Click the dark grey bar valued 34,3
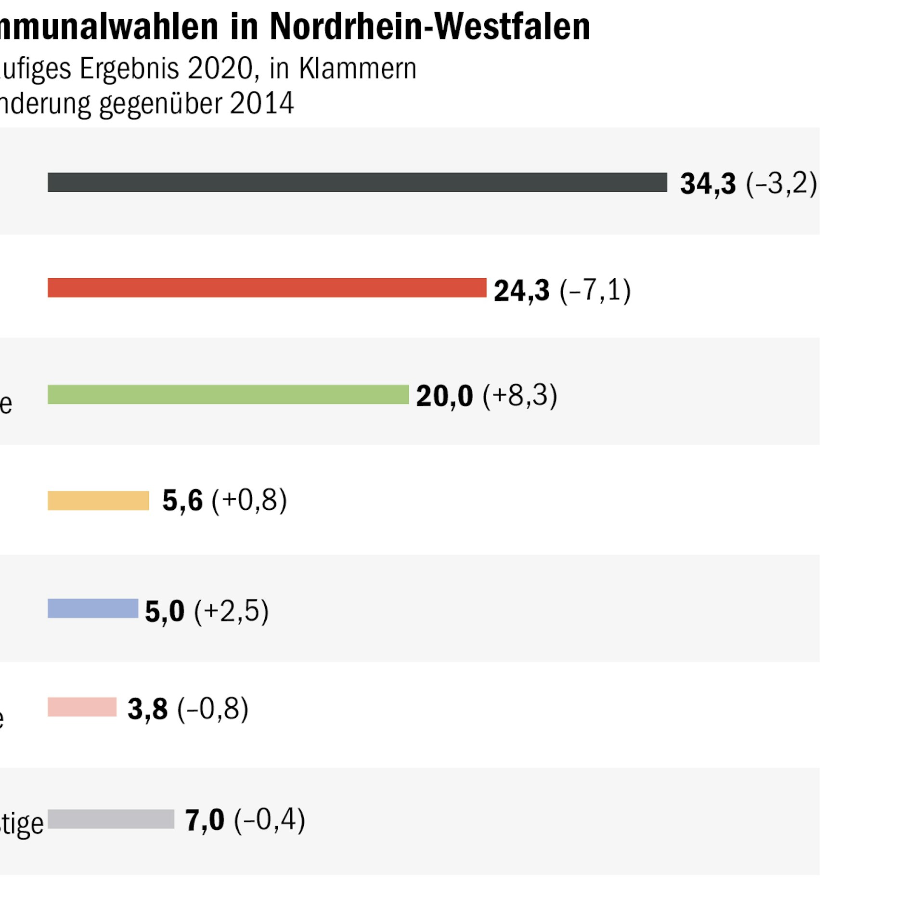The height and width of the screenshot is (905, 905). (357, 182)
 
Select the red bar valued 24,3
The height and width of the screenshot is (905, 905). (267, 288)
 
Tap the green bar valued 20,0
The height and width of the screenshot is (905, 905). (228, 395)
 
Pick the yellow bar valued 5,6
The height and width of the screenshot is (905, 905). (98, 501)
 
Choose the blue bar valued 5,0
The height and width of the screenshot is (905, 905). (93, 608)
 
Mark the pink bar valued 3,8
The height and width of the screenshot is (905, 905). (82, 707)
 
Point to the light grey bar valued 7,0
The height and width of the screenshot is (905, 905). (111, 819)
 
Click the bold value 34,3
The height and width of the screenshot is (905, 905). (708, 184)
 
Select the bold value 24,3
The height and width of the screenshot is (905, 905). (521, 291)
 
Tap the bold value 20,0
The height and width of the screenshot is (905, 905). (444, 396)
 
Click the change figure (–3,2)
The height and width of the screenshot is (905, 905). (781, 183)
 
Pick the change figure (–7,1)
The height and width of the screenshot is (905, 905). (595, 290)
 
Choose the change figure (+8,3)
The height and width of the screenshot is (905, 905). (520, 396)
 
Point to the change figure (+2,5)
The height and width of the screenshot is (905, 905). (231, 611)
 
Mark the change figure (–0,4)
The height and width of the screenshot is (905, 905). (269, 820)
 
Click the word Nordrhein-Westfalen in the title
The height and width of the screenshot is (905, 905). (429, 26)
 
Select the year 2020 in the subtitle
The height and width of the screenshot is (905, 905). (220, 68)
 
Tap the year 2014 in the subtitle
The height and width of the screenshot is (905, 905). (261, 103)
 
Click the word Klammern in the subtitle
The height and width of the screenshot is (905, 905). (357, 68)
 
